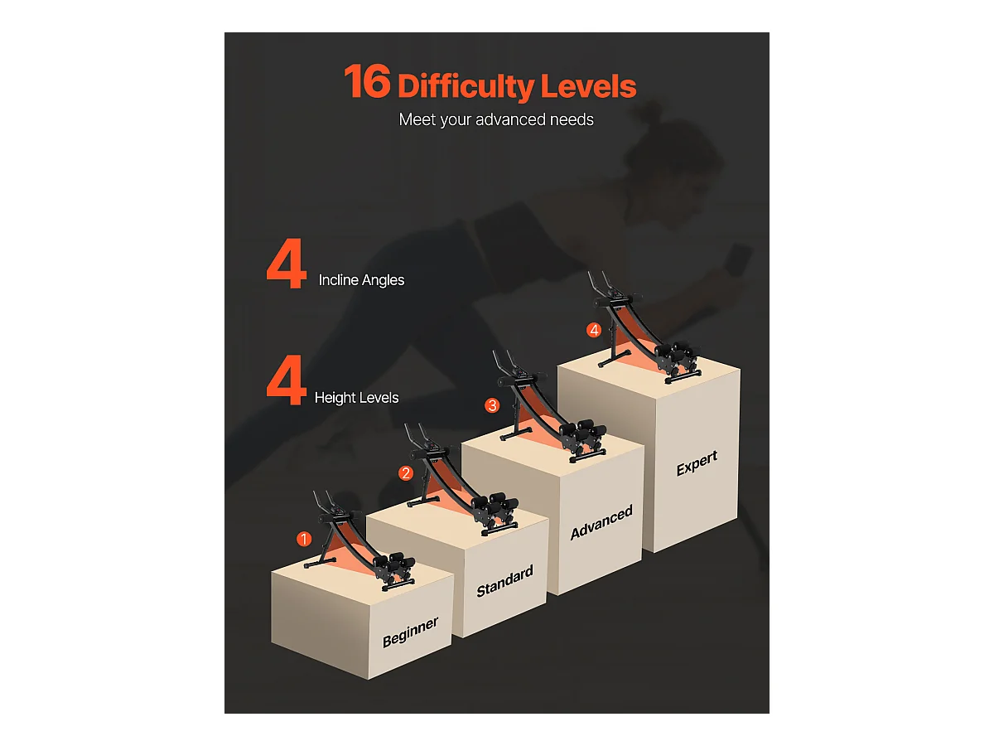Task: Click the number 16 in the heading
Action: pyautogui.click(x=367, y=81)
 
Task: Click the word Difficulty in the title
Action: pyautogui.click(x=466, y=86)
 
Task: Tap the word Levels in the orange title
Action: pyautogui.click(x=588, y=85)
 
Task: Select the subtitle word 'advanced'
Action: pyautogui.click(x=510, y=119)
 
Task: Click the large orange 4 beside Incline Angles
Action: pyautogui.click(x=287, y=264)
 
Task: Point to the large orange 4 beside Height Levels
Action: pyautogui.click(x=287, y=380)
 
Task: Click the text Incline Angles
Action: pyautogui.click(x=361, y=280)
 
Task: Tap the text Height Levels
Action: pyautogui.click(x=356, y=398)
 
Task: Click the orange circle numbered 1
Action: pyautogui.click(x=304, y=539)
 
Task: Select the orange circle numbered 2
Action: pyautogui.click(x=406, y=473)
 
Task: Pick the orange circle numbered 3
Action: pyautogui.click(x=492, y=405)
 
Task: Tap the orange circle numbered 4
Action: pyautogui.click(x=594, y=330)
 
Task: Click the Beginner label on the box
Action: pyautogui.click(x=410, y=632)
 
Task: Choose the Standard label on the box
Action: pyautogui.click(x=505, y=582)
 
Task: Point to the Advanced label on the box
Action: pyautogui.click(x=601, y=523)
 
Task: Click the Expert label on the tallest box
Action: pyautogui.click(x=697, y=463)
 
